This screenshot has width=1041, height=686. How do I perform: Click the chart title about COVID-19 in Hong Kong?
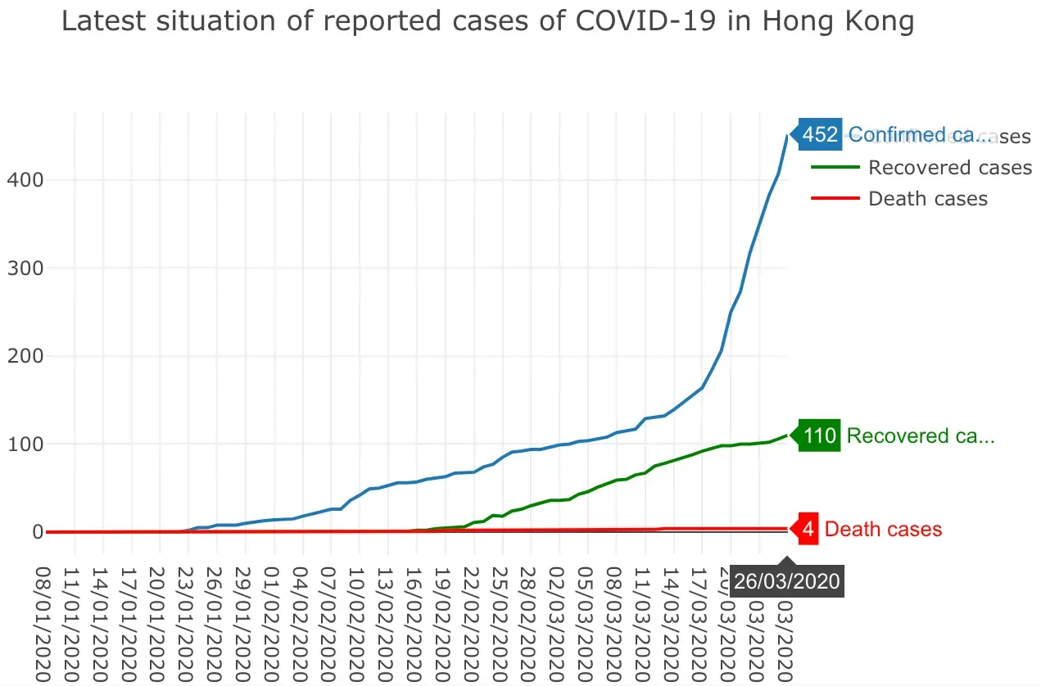[487, 22]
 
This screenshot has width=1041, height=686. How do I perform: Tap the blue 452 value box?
[820, 135]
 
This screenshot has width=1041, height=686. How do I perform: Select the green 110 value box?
[820, 436]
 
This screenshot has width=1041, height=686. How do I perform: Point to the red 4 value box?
[808, 530]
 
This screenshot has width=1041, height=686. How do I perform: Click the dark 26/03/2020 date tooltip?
[787, 581]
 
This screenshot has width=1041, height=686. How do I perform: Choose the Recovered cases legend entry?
[949, 168]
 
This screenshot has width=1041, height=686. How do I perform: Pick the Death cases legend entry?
[927, 199]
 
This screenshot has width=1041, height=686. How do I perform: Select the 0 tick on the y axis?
[35, 532]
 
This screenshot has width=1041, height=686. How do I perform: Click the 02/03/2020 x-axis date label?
[558, 622]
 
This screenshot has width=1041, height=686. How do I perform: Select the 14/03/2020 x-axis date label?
[672, 622]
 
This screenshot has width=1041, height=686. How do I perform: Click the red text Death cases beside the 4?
[883, 530]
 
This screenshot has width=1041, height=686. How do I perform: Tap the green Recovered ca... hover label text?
[921, 436]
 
